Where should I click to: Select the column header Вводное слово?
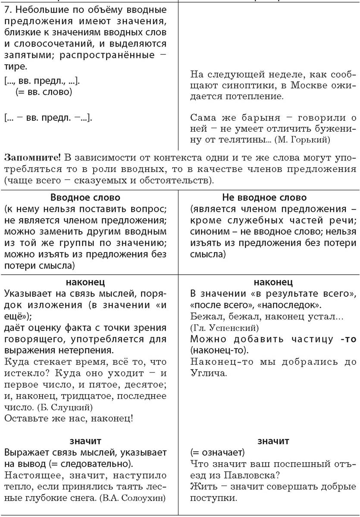[85, 197]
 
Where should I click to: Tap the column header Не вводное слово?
[264, 197]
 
